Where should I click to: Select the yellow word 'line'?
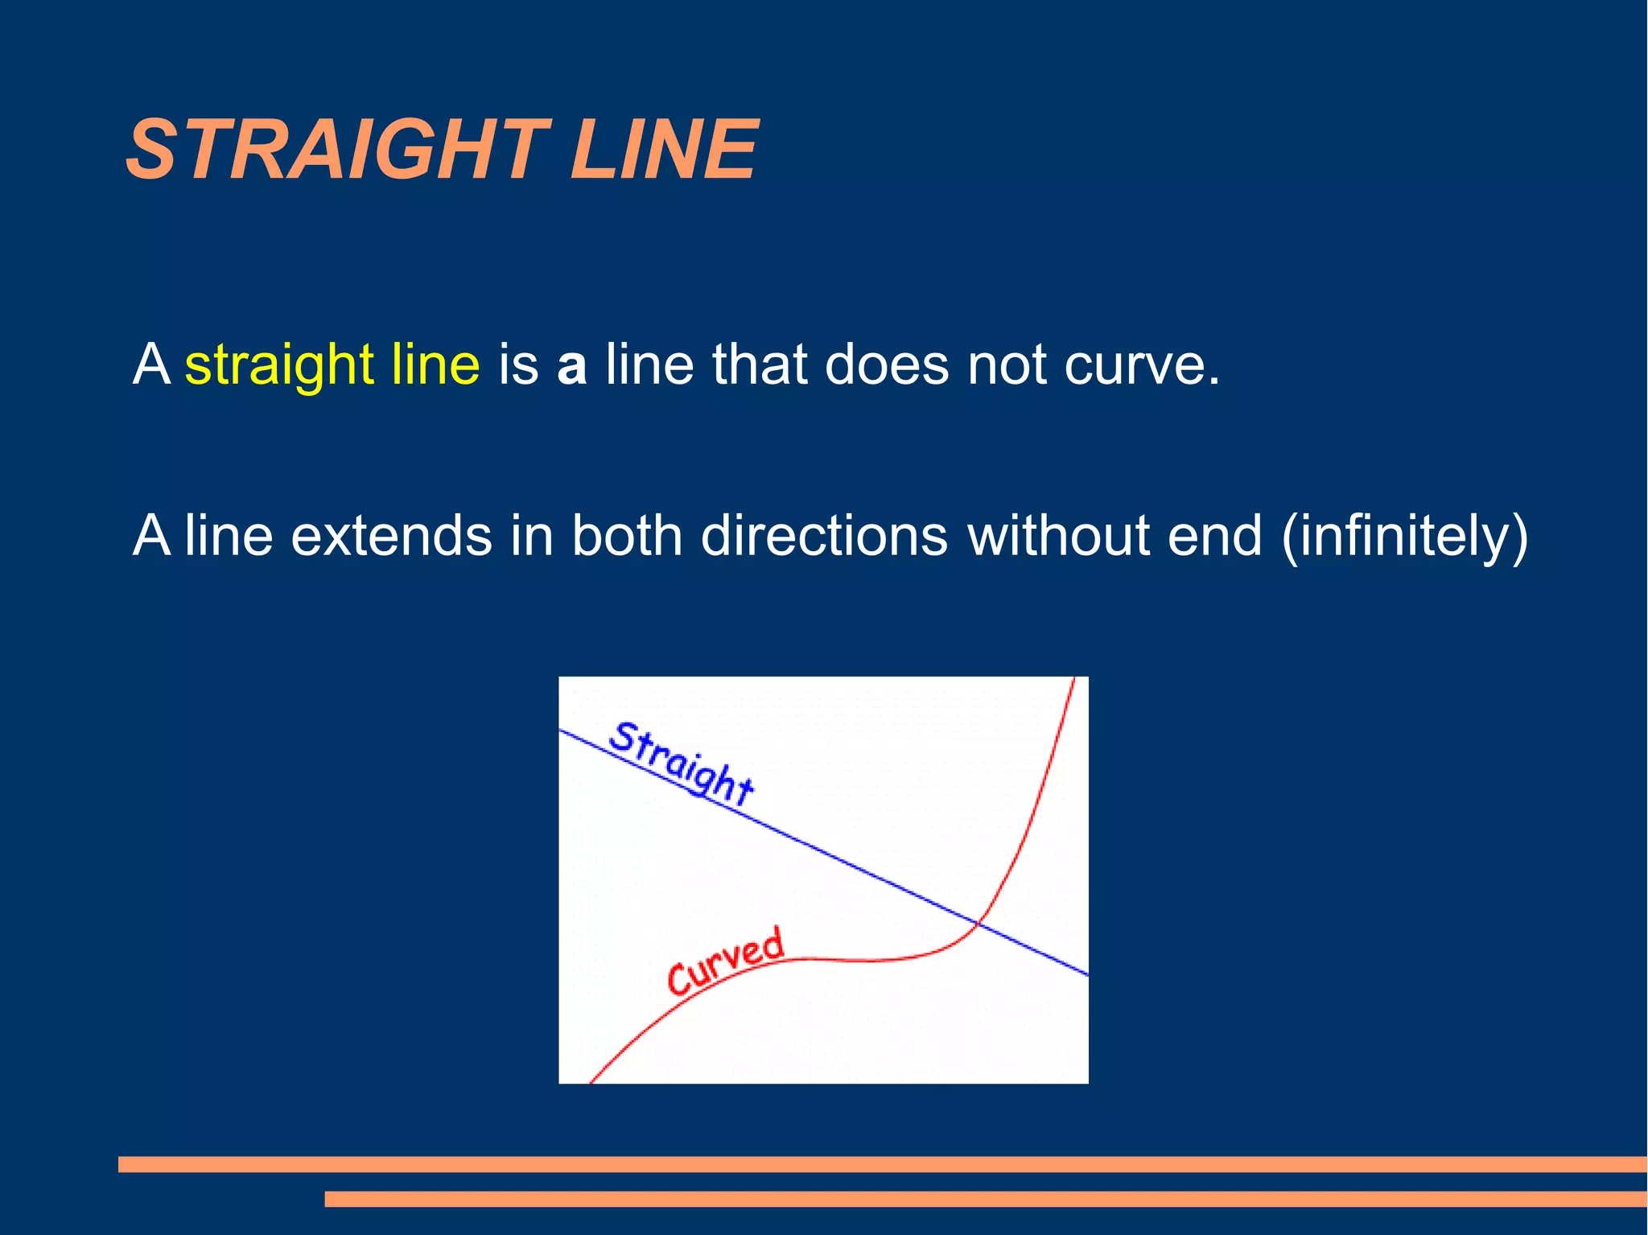[435, 364]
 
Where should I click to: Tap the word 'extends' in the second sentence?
[390, 536]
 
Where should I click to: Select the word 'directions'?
[824, 536]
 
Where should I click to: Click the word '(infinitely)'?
[1403, 537]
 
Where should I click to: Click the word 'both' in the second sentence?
[626, 536]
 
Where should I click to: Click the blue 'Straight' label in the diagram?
[681, 764]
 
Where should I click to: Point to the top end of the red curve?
[1073, 681]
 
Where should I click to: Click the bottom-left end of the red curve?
[592, 1081]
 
